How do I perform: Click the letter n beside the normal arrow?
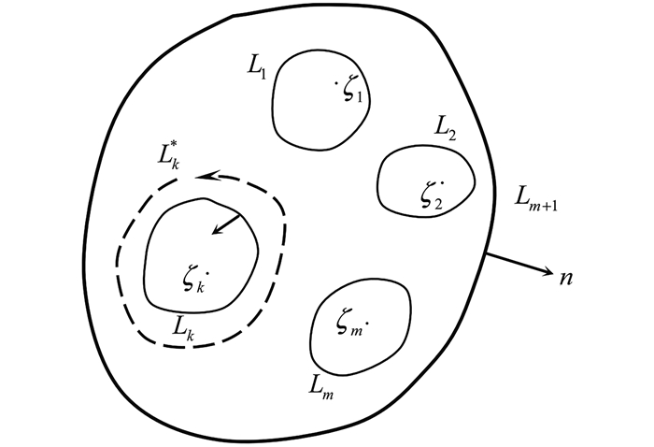pos(565,278)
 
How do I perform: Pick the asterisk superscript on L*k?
pos(183,144)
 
